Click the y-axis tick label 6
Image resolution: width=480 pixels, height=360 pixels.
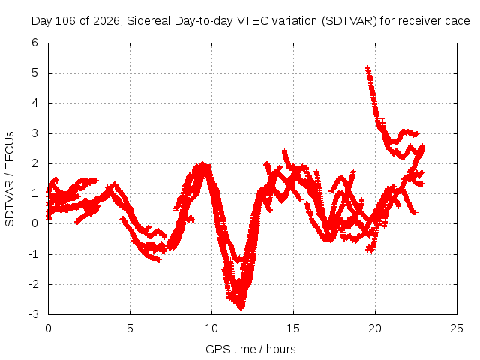point(34,43)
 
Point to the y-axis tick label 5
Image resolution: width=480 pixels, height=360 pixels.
point(34,73)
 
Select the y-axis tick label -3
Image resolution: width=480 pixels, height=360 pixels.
point(33,314)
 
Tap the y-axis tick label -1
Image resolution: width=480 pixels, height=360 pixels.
point(33,253)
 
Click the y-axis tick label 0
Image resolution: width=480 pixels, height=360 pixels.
point(34,223)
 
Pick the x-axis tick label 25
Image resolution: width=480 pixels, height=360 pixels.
point(457,328)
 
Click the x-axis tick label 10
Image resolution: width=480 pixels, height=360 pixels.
point(211,328)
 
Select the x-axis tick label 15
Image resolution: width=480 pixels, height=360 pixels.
point(293,328)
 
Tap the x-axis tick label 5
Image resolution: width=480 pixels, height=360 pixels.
point(130,328)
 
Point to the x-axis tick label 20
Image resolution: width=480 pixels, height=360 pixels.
point(375,328)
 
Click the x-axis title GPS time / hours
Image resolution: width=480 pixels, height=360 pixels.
point(250,349)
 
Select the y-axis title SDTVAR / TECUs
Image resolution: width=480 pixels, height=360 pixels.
point(10,179)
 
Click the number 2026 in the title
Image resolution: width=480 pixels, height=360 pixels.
point(106,21)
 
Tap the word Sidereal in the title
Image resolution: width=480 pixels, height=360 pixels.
point(149,21)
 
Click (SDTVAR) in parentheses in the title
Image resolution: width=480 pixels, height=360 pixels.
point(349,21)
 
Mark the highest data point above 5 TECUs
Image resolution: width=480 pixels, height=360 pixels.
point(367,67)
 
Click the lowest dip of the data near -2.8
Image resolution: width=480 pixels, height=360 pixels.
point(241,307)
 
